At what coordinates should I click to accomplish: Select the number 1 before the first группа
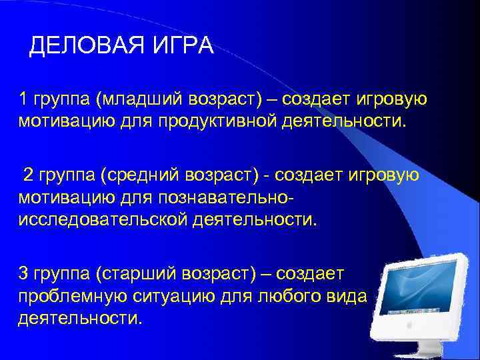23,100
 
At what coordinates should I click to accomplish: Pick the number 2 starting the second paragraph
28,175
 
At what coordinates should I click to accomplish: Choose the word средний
139,175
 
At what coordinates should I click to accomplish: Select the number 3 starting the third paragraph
23,273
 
